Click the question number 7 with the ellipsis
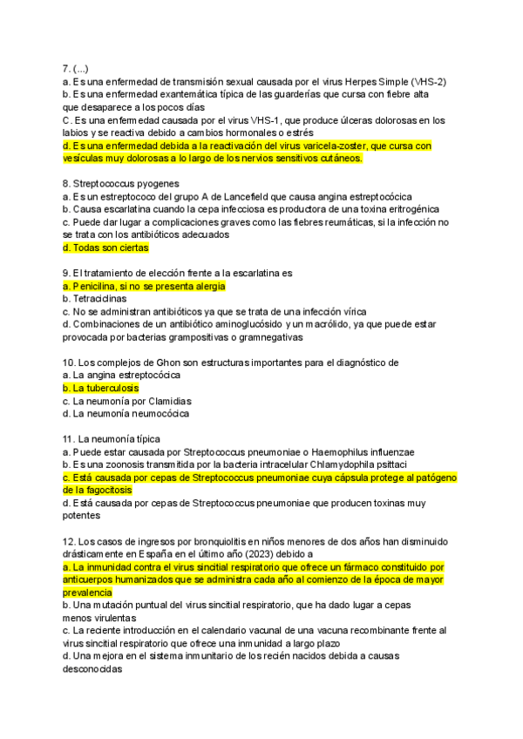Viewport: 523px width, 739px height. point(76,69)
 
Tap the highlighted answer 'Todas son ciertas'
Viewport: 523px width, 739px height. point(105,247)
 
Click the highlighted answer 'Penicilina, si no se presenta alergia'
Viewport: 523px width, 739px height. point(144,286)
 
